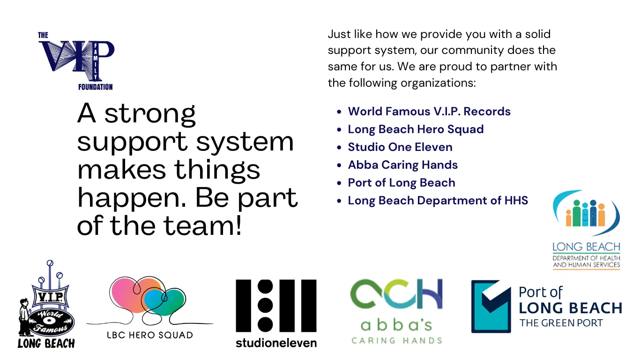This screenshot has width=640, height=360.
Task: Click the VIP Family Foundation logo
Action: [x=76, y=61]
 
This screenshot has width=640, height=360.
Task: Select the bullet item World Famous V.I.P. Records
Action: [x=429, y=111]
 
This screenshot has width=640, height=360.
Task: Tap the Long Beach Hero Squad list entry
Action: [x=416, y=129]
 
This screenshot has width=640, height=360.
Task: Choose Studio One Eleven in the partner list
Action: [x=400, y=147]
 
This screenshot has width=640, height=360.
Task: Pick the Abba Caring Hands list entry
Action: [x=403, y=165]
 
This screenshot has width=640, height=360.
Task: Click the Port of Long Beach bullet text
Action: [x=402, y=183]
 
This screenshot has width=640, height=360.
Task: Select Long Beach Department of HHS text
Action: [x=438, y=201]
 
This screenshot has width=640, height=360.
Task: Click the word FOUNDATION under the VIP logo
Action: [x=96, y=87]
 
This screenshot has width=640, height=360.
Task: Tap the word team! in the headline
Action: [x=203, y=225]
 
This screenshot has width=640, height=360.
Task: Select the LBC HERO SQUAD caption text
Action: [x=150, y=335]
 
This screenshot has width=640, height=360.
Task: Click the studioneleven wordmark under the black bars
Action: [x=276, y=343]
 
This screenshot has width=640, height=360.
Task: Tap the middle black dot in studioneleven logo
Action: [x=265, y=306]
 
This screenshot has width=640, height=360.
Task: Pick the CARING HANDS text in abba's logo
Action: [x=396, y=340]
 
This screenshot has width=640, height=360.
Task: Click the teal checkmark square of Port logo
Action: [x=491, y=307]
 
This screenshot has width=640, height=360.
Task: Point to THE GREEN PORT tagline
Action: [x=561, y=323]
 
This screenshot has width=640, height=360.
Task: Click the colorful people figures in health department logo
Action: [x=586, y=213]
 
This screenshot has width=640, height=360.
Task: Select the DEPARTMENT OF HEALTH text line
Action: [x=586, y=258]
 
